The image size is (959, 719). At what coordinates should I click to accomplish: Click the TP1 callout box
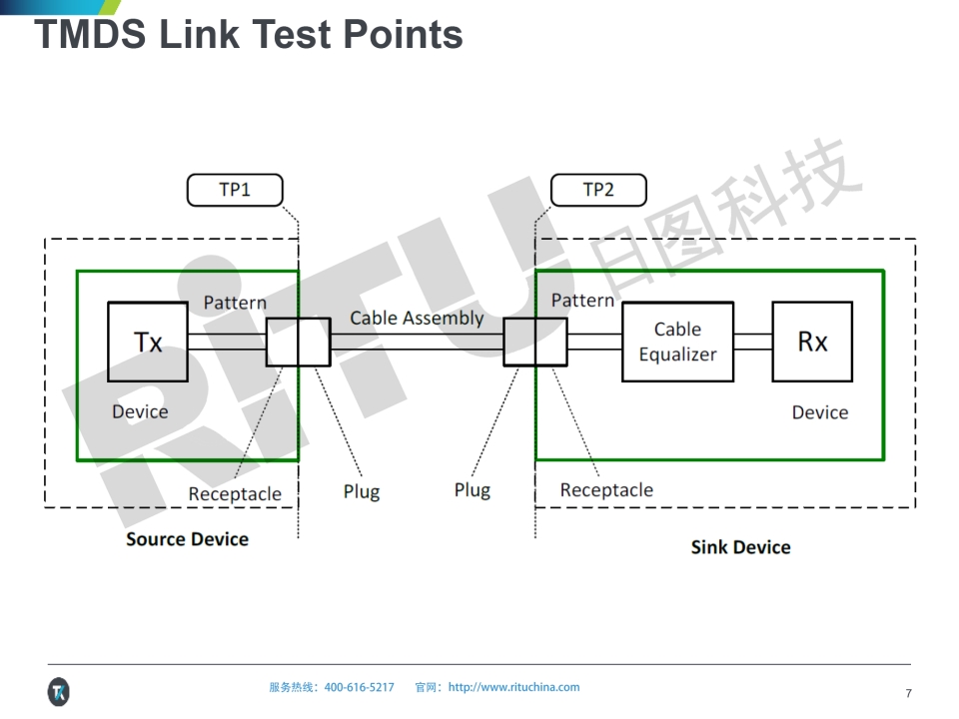[x=235, y=190]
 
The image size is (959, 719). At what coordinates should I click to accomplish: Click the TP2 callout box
[x=598, y=190]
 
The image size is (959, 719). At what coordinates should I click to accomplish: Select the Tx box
[x=148, y=342]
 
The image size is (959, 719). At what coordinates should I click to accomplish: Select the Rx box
[x=812, y=342]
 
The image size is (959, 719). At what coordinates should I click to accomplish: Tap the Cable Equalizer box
[x=677, y=342]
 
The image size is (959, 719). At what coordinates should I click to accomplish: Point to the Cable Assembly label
[x=417, y=319]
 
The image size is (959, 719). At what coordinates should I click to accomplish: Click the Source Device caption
[x=187, y=539]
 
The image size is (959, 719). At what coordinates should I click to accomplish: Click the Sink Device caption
[x=740, y=547]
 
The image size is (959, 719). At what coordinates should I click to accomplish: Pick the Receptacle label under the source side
[x=235, y=494]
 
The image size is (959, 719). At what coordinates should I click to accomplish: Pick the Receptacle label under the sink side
[x=606, y=490]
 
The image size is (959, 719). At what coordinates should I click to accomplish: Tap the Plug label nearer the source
[x=362, y=491]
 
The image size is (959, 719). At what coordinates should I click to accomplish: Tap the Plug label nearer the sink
[x=473, y=490]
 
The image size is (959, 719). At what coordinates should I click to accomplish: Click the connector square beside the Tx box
[x=298, y=342]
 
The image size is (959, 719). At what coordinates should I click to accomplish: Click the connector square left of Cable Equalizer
[x=534, y=342]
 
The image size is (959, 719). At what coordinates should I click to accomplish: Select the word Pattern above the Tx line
[x=235, y=303]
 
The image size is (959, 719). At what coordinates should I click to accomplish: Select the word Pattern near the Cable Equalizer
[x=582, y=301]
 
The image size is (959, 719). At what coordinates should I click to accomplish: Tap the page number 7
[x=908, y=693]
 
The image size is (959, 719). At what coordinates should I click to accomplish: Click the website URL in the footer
[x=513, y=687]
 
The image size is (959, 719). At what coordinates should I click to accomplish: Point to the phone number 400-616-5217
[x=359, y=687]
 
